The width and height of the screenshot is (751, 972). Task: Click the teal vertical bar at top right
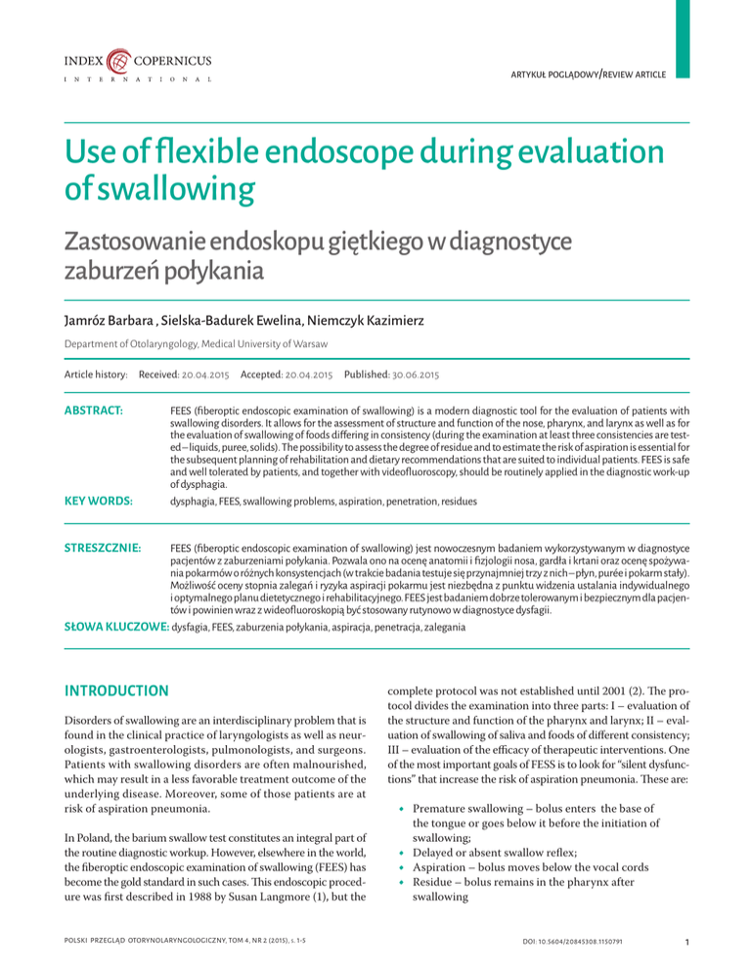(684, 39)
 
